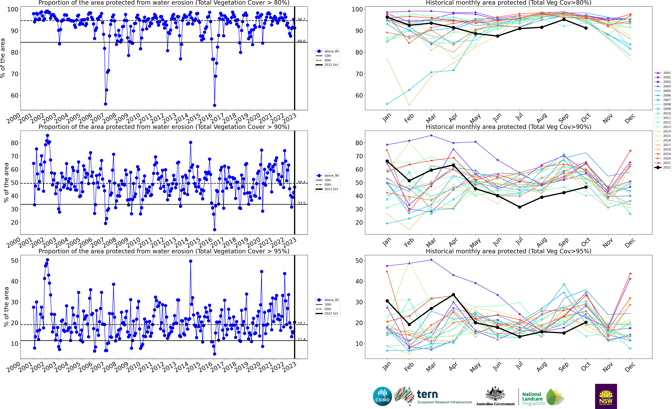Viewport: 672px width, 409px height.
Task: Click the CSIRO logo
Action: click(382, 396)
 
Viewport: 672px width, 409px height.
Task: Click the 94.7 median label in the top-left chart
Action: click(301, 19)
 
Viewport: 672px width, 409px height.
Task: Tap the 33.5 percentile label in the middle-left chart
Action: click(301, 203)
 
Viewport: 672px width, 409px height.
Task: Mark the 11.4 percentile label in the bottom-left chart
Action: click(301, 339)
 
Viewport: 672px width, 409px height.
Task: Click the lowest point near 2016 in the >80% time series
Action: click(215, 105)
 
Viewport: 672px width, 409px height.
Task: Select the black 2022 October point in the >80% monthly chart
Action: click(586, 28)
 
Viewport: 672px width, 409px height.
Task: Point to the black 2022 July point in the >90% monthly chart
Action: click(520, 207)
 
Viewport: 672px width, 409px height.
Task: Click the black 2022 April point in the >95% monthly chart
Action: click(453, 295)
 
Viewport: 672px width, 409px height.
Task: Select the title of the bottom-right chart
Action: click(508, 251)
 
